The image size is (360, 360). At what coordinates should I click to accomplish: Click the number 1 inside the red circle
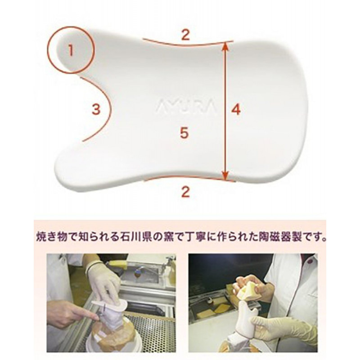(x=71, y=50)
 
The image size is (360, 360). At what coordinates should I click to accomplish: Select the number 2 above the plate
(x=185, y=35)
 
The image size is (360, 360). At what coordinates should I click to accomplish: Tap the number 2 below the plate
(x=185, y=192)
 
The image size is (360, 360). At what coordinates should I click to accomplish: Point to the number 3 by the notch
(x=96, y=109)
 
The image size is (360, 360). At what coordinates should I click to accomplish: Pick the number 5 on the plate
(x=184, y=133)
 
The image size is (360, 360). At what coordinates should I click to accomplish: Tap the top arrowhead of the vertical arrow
(x=225, y=46)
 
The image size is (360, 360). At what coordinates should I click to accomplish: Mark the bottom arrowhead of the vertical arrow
(x=226, y=175)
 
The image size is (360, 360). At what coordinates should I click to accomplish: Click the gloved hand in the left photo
(x=104, y=281)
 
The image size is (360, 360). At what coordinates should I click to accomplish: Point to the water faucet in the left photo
(x=166, y=265)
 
